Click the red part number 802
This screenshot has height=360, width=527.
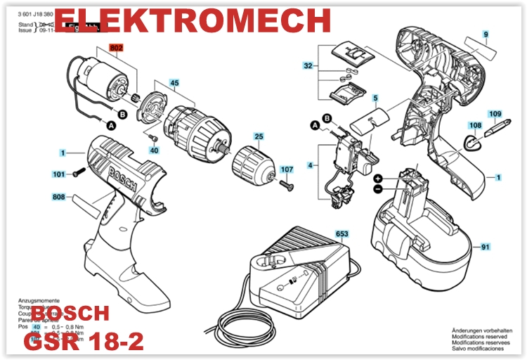(116, 48)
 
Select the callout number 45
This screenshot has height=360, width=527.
(174, 83)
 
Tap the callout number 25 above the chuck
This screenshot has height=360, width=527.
(259, 136)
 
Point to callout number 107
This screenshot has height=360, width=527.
(287, 169)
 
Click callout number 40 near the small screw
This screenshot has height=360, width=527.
(154, 150)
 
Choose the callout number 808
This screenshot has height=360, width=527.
(59, 197)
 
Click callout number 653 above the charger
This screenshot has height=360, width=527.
(342, 233)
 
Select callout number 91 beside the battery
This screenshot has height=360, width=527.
(485, 247)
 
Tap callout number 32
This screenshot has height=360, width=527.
(308, 66)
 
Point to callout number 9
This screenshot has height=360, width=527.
(485, 34)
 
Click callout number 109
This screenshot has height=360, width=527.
(495, 114)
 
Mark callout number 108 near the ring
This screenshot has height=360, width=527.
(476, 125)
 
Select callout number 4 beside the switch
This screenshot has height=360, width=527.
(309, 165)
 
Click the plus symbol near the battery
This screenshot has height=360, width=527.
(377, 179)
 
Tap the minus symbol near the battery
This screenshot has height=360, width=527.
(377, 189)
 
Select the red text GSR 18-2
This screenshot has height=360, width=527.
(84, 342)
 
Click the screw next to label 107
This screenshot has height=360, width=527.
(285, 184)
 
